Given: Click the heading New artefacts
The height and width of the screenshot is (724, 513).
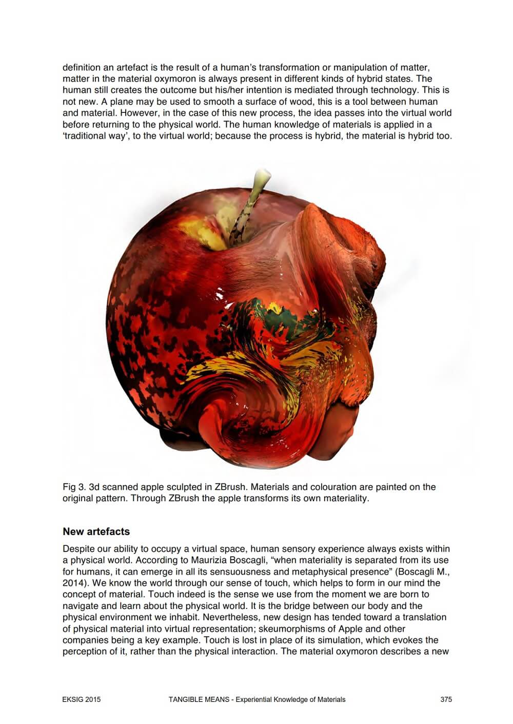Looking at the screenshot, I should tap(96, 531).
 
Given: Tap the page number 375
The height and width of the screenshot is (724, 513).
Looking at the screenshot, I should tap(446, 699).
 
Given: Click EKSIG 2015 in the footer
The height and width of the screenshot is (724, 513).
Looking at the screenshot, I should tap(82, 699).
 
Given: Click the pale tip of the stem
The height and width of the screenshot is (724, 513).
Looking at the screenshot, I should tap(262, 177).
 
